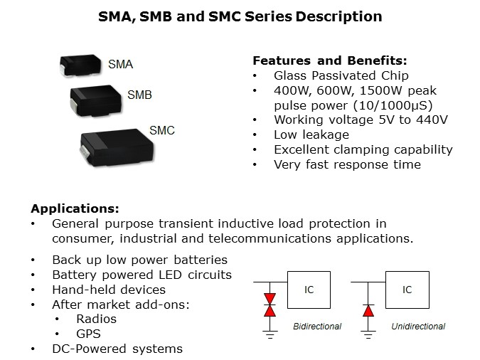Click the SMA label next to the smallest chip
[x=120, y=65]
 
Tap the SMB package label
[x=139, y=95]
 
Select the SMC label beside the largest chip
[x=161, y=130]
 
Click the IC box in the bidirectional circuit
[x=309, y=290]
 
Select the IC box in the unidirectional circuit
[x=407, y=290]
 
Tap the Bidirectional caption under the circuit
[x=317, y=327]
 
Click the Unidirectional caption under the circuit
[x=418, y=327]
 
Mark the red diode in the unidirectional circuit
[x=367, y=309]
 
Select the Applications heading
[x=75, y=209]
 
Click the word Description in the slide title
[x=337, y=16]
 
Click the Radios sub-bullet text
[x=95, y=319]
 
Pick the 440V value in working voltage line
[x=432, y=120]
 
